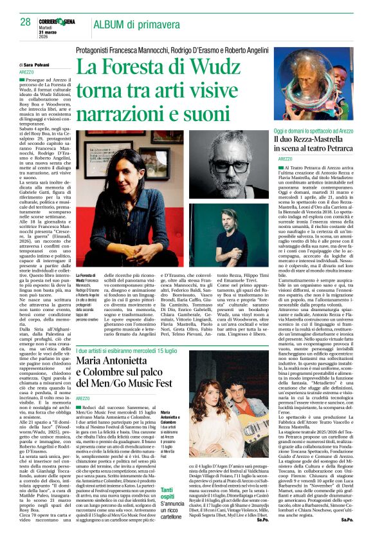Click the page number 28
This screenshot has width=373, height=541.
(x=25, y=23)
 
